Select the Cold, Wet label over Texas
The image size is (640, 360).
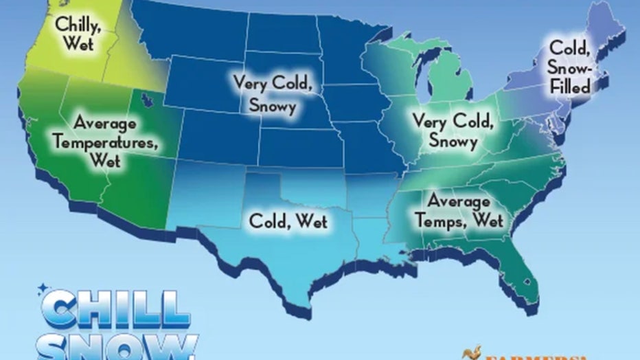pyautogui.click(x=288, y=223)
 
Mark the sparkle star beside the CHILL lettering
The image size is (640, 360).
pyautogui.click(x=43, y=287)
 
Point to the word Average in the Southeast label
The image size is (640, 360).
pyautogui.click(x=459, y=202)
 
